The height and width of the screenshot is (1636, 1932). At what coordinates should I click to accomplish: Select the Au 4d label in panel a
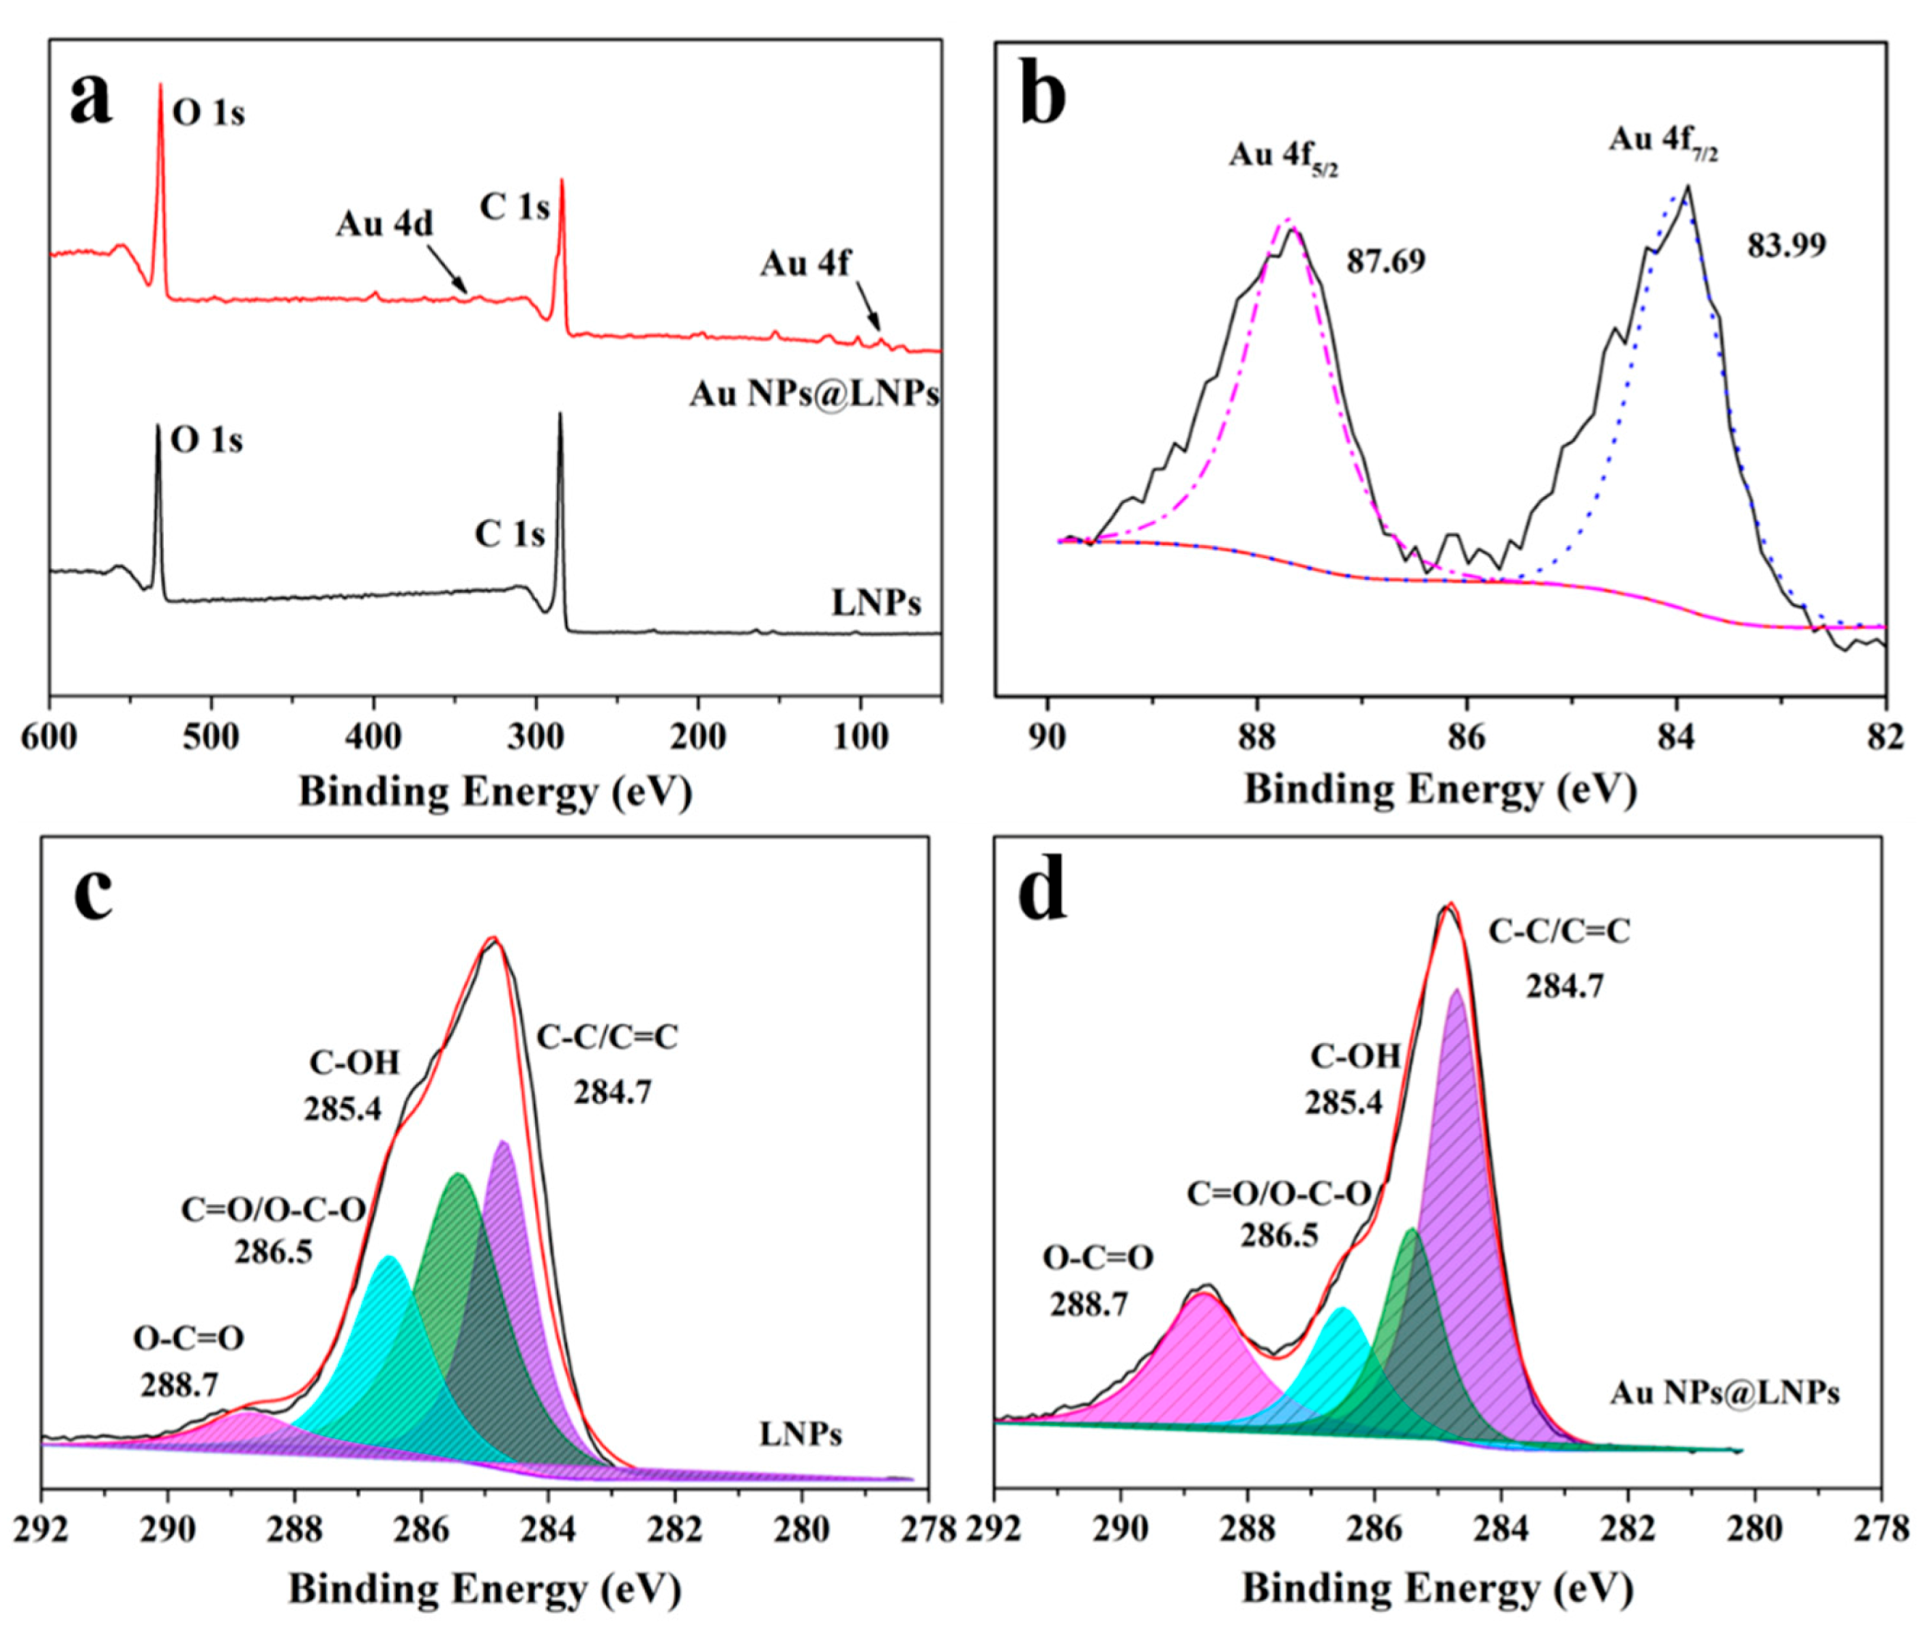(384, 225)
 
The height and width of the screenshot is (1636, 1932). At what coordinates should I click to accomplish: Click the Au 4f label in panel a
(804, 263)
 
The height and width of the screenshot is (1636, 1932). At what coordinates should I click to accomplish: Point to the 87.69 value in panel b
(1386, 261)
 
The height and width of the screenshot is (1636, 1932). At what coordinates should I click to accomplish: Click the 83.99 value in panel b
(1787, 246)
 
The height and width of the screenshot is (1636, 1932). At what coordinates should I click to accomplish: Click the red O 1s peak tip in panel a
(160, 86)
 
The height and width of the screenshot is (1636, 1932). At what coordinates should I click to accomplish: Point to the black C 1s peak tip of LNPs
(559, 415)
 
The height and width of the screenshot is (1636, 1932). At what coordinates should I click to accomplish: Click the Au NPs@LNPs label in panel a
(813, 395)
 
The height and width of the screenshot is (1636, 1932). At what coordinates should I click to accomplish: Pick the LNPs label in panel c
(800, 1434)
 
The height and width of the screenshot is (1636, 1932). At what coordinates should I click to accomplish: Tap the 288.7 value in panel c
(179, 1386)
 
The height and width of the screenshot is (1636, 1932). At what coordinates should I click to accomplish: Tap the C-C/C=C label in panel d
(1559, 932)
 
